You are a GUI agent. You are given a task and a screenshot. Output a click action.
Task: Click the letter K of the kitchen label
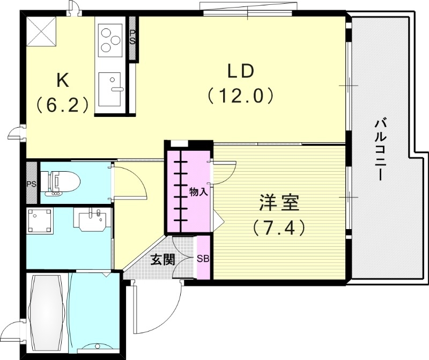coord(62,80)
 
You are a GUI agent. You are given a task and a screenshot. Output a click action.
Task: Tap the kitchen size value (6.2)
coord(62,104)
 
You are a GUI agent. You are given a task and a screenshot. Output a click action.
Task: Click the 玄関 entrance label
coord(162,260)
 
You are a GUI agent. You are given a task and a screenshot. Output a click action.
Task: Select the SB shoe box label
coord(203,259)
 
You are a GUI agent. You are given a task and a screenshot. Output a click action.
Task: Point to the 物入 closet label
coord(198,192)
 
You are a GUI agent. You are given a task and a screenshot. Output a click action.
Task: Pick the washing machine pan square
coord(40,221)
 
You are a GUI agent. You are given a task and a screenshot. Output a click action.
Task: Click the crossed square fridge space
coord(41,31)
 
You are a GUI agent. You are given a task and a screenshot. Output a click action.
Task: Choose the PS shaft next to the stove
coord(132,38)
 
